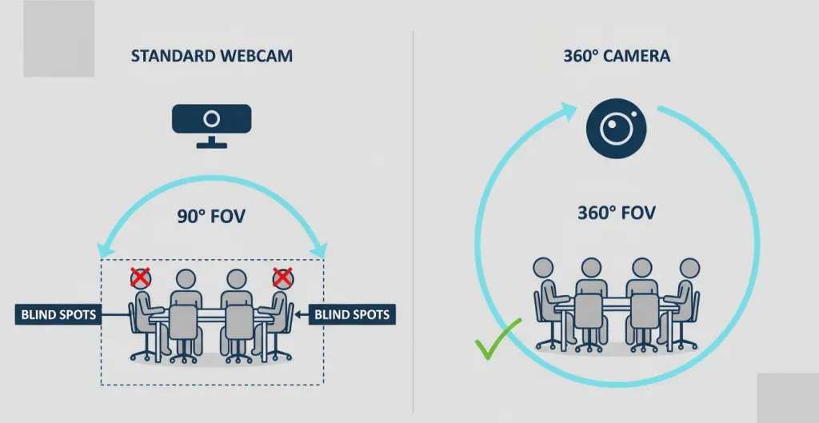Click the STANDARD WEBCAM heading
(x=211, y=56)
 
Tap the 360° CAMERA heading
(x=616, y=56)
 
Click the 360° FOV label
(x=616, y=213)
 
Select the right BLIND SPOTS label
(x=352, y=314)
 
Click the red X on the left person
(x=141, y=277)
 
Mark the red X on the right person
(x=282, y=277)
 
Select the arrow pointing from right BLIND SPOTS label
(x=301, y=314)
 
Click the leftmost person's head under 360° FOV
(x=543, y=267)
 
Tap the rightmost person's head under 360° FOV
(x=689, y=267)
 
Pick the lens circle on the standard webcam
(x=211, y=119)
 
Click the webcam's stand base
(x=211, y=145)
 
